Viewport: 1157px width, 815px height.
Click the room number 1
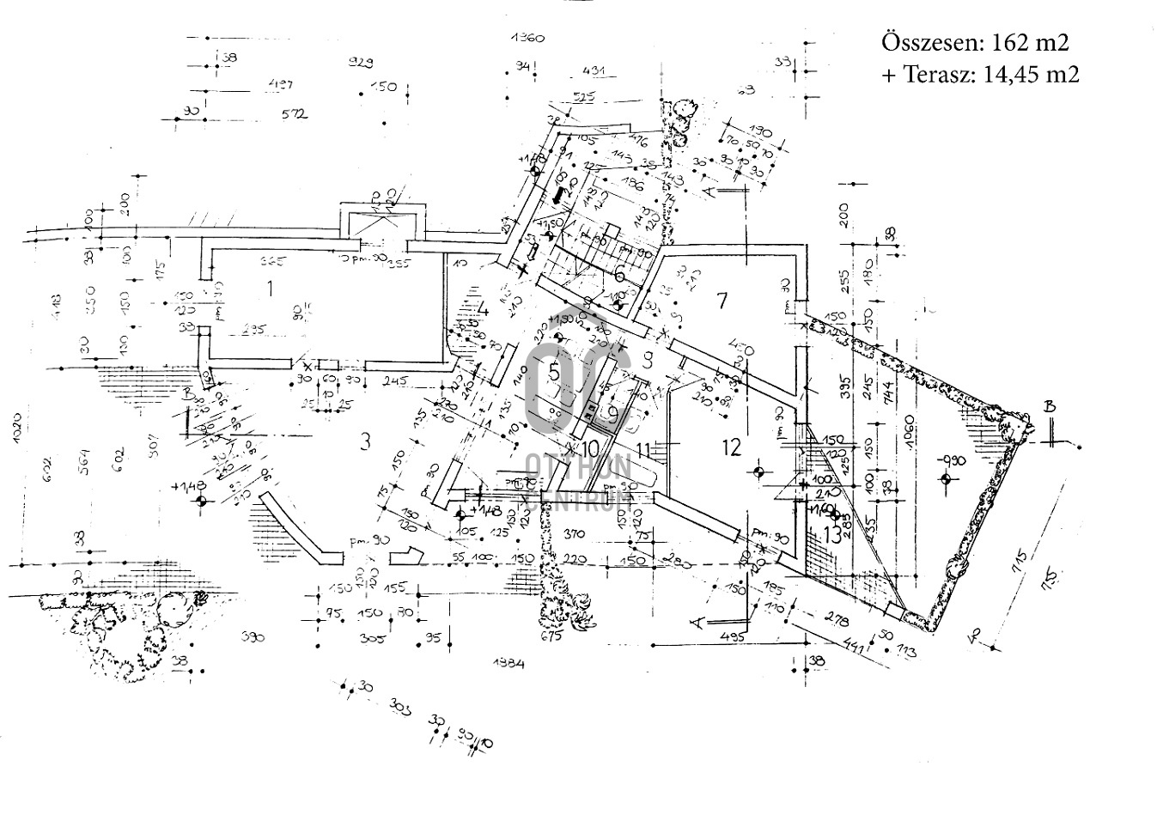coord(270,288)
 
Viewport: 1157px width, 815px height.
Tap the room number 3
coord(365,441)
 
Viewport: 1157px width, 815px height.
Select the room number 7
coord(722,300)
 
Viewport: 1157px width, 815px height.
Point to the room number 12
coord(731,447)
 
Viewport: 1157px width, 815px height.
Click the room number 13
coord(831,534)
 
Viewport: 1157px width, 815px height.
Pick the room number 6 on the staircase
coord(619,275)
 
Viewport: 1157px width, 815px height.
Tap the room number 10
coord(589,447)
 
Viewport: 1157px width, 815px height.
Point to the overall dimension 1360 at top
coord(527,38)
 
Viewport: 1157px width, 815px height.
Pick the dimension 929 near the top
coord(361,63)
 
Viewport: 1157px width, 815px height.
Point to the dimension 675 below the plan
coord(550,636)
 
